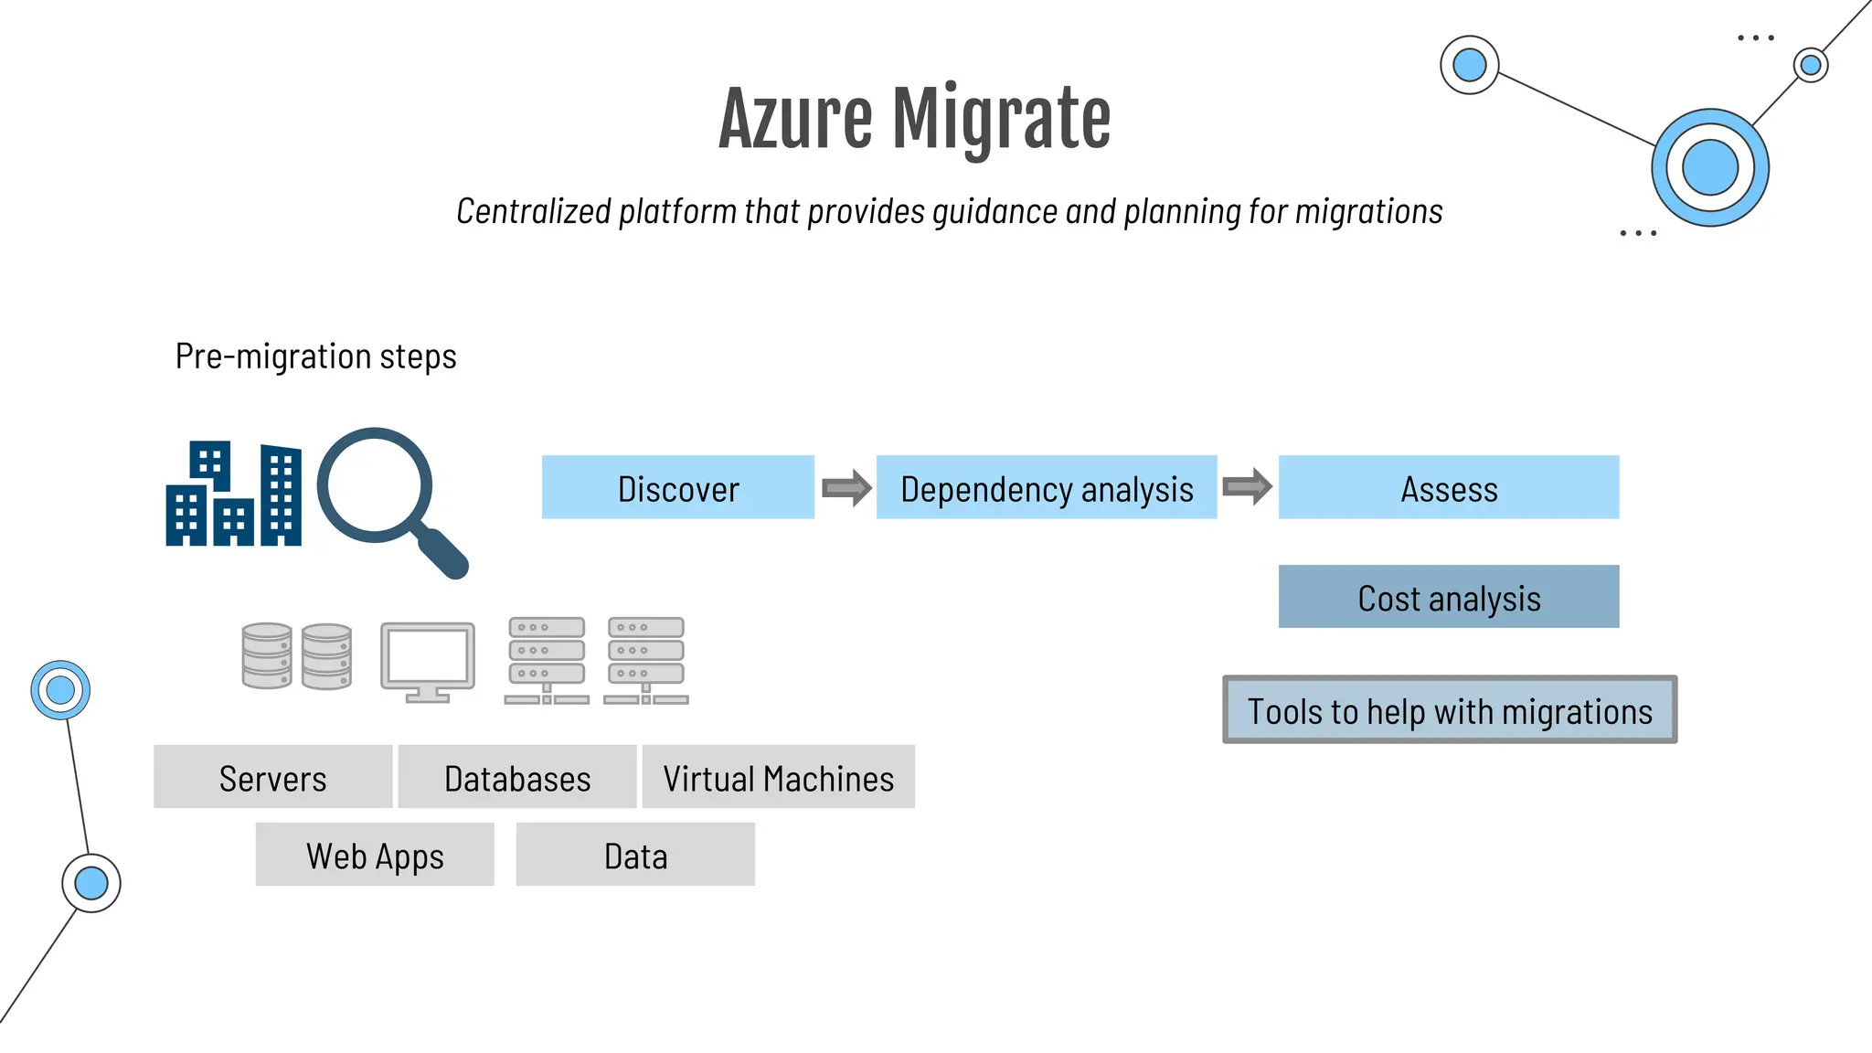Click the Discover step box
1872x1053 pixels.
pos(677,487)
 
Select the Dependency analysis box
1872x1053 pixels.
pos(1046,487)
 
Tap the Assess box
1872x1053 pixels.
pos(1448,487)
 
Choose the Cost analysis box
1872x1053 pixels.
pos(1448,597)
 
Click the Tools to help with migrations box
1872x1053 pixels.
pos(1449,710)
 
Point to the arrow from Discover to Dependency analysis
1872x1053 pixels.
pos(846,488)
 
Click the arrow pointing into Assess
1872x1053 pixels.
pos(1247,486)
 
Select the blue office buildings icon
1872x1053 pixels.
pos(233,495)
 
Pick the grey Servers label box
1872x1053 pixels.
pos(272,777)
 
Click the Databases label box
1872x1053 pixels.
pos(516,777)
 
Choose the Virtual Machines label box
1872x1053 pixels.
pos(778,777)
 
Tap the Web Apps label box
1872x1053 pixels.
pos(375,855)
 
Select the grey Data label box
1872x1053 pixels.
pos(635,855)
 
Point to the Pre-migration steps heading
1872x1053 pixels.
pos(315,356)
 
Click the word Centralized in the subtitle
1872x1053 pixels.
pos(533,211)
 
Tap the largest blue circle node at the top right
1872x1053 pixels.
pos(1709,168)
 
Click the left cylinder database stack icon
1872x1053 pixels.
pos(267,655)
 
